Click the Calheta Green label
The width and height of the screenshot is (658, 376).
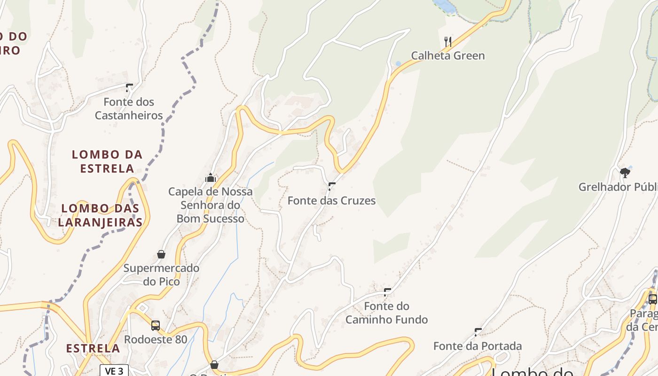pos(447,55)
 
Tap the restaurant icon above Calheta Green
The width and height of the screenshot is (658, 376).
pos(448,42)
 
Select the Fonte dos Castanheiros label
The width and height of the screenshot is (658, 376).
pos(129,109)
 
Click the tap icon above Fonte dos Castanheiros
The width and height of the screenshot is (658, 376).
pos(129,87)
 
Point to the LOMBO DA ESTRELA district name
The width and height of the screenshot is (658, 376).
pos(107,161)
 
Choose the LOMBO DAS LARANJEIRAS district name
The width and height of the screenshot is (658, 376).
pos(101,215)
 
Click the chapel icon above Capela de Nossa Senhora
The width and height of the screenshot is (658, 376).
pos(210,178)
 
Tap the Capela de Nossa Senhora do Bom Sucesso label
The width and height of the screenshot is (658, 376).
pos(211,205)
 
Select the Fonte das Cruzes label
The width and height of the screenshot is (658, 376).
pos(331,201)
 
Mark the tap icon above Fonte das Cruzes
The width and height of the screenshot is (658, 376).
pos(332,186)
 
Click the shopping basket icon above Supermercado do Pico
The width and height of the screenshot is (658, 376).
pos(161,254)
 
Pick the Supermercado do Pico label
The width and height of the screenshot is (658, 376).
pos(161,275)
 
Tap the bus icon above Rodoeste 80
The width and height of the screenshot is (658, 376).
pos(156,325)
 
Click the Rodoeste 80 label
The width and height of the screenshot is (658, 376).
pos(156,339)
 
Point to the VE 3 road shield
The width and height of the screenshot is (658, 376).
pos(114,371)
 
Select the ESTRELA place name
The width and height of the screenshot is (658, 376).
pos(93,348)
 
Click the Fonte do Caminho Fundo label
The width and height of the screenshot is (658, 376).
pos(387,313)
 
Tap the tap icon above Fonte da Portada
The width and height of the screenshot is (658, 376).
pos(478,332)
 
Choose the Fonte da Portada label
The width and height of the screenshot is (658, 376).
pos(478,346)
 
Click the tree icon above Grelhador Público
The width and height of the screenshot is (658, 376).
pos(625,173)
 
